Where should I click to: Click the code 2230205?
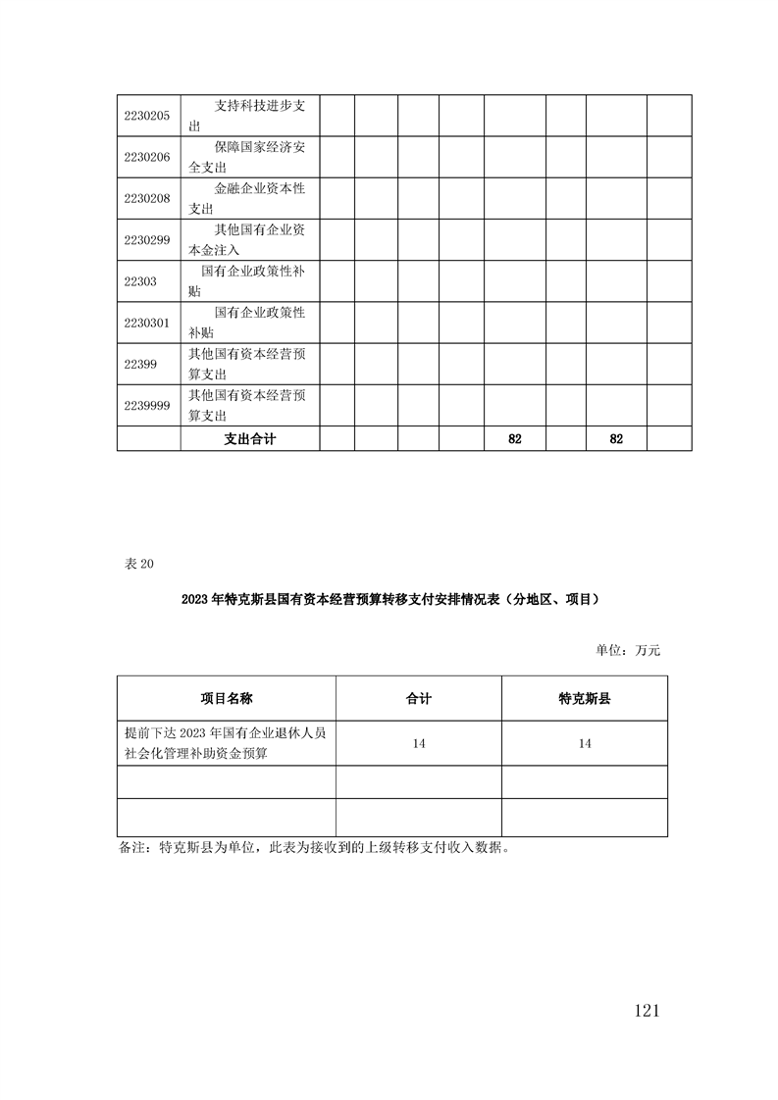click(147, 116)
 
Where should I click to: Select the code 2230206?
click(147, 157)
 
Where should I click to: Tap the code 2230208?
click(147, 198)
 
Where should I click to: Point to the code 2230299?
click(147, 239)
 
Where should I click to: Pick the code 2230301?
click(147, 322)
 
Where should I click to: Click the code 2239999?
click(147, 404)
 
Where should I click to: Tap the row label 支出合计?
click(249, 439)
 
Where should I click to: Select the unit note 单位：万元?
click(628, 649)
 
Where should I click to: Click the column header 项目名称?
click(226, 698)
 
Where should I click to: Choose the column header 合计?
click(419, 698)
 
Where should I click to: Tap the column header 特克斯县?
click(585, 698)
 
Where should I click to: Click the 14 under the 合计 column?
click(419, 745)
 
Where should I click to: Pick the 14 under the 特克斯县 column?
click(585, 745)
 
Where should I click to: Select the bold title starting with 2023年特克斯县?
click(389, 598)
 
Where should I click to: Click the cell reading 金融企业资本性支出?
click(250, 198)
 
